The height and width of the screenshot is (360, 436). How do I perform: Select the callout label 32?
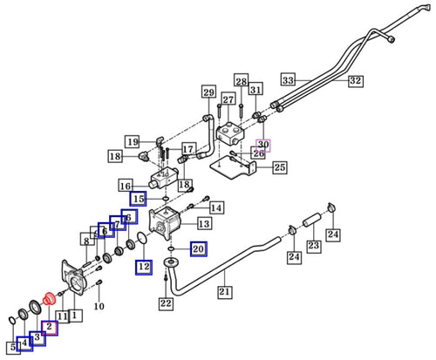pyautogui.click(x=355, y=80)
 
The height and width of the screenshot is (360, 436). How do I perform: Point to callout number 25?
pyautogui.click(x=280, y=167)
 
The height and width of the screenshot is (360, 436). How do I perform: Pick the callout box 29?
pyautogui.click(x=208, y=92)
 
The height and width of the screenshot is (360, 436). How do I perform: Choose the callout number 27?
pyautogui.click(x=228, y=100)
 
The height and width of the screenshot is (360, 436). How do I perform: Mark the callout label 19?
pyautogui.click(x=132, y=142)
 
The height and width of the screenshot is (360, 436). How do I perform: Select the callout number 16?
pyautogui.click(x=126, y=186)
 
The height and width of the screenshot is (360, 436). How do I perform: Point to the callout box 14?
pyautogui.click(x=216, y=207)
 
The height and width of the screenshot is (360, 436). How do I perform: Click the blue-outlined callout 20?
pyautogui.click(x=198, y=249)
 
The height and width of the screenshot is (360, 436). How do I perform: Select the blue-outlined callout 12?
pyautogui.click(x=143, y=267)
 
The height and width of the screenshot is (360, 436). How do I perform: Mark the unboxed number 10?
pyautogui.click(x=99, y=307)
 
